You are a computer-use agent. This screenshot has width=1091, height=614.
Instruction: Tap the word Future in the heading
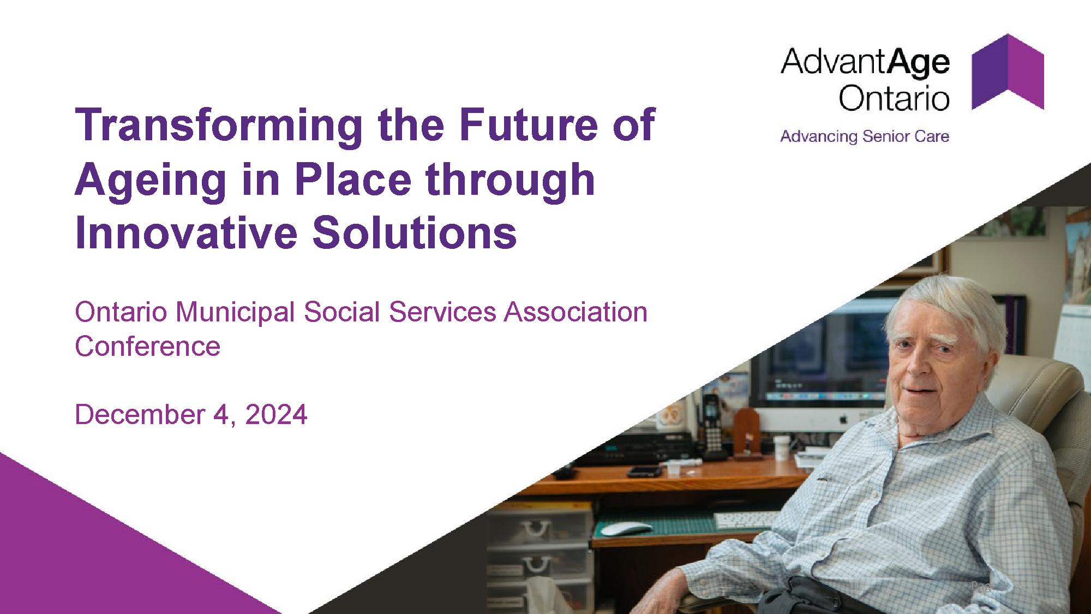point(521,124)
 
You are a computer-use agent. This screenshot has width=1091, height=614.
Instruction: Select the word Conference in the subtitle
point(147,347)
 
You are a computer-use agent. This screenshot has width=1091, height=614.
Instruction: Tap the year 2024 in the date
point(276,415)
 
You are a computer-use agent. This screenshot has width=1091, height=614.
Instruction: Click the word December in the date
point(140,415)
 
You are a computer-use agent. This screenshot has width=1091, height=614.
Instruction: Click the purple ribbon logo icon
point(1008,71)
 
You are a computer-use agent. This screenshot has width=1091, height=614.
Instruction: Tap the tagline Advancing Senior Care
point(865,136)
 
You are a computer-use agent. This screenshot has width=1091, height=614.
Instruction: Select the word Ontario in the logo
point(894,98)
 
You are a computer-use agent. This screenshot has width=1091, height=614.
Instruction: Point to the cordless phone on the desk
point(711,426)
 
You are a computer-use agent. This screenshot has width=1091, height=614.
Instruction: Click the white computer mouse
point(626,529)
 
